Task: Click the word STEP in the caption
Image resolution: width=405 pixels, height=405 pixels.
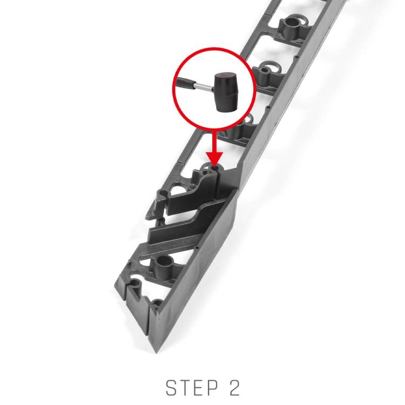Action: (192, 387)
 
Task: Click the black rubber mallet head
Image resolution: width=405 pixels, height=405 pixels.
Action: (226, 92)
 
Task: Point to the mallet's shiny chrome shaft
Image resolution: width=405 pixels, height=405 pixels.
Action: (204, 87)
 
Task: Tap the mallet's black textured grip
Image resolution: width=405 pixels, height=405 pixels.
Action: (185, 83)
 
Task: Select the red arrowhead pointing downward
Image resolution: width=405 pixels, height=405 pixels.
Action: (214, 158)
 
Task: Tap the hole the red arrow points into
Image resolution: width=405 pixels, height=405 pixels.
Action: (214, 168)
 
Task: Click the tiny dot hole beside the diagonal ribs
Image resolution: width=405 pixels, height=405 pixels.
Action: (197, 248)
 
